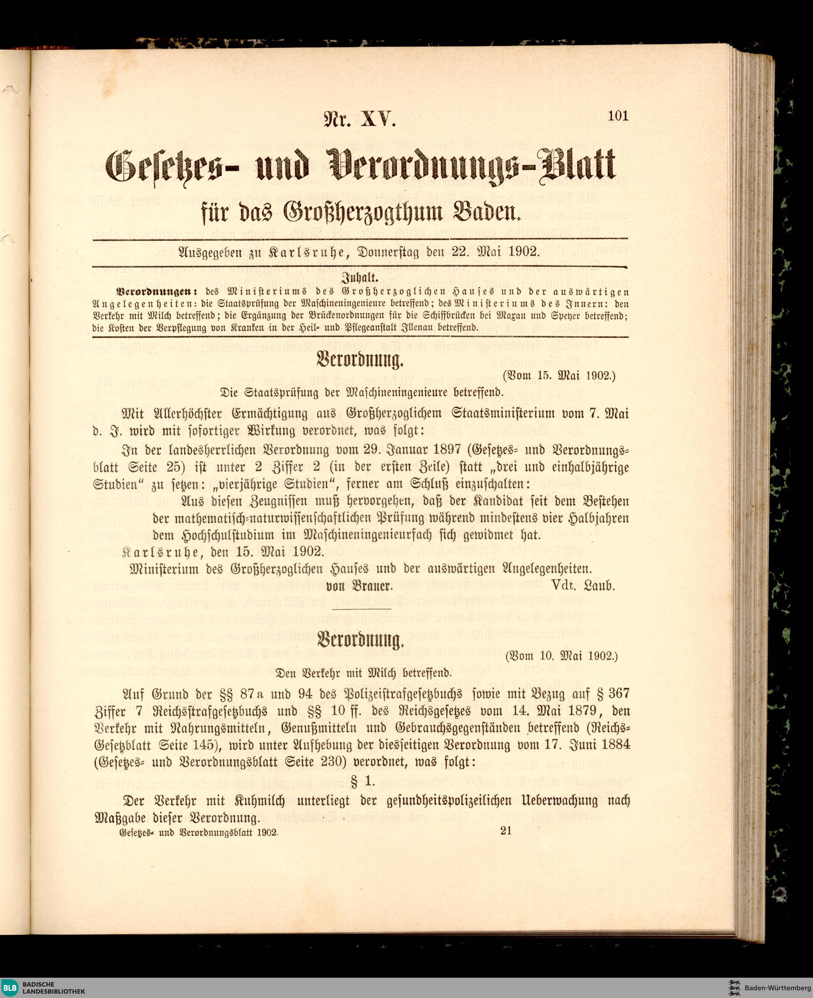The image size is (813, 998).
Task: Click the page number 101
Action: point(618,116)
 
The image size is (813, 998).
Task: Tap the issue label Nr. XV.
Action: point(360,121)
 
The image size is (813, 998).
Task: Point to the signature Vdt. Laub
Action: point(583,586)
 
